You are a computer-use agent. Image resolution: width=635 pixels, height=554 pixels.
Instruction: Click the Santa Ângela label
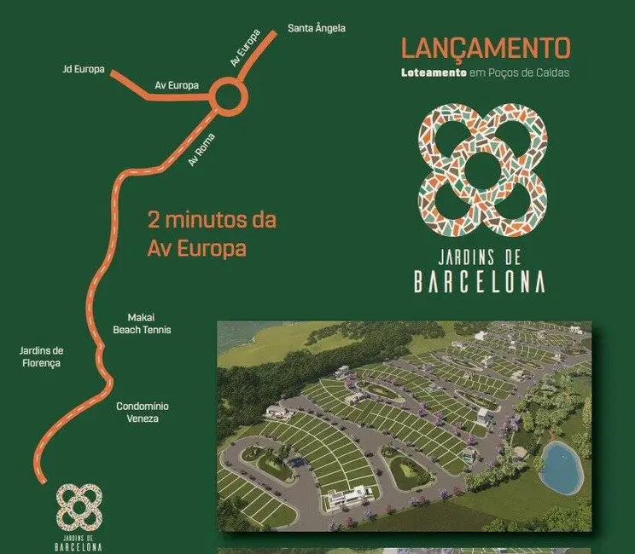click(316, 28)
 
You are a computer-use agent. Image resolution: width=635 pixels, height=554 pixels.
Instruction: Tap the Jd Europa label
click(84, 69)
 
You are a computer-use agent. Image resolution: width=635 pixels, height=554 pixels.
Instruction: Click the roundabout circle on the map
click(230, 96)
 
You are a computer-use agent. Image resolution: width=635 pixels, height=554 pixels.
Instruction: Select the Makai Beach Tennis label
click(143, 322)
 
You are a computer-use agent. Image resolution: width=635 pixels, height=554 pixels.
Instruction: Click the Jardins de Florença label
click(42, 356)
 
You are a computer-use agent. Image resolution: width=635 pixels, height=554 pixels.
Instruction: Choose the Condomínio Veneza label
click(142, 413)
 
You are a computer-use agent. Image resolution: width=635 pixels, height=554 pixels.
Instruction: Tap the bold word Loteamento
click(433, 72)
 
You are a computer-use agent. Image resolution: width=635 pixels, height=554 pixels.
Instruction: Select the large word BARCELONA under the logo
click(480, 282)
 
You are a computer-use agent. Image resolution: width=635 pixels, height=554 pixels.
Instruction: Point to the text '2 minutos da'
click(212, 219)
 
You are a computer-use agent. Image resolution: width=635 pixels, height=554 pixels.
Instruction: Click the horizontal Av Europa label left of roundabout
click(177, 85)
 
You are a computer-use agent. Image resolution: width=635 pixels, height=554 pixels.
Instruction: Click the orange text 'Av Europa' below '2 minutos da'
click(196, 249)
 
